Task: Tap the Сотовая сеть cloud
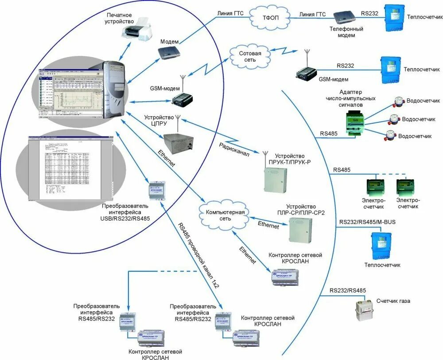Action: (x=250, y=56)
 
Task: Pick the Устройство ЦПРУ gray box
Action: (x=178, y=142)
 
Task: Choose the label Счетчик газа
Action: (x=393, y=301)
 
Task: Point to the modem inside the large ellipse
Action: (x=168, y=52)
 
